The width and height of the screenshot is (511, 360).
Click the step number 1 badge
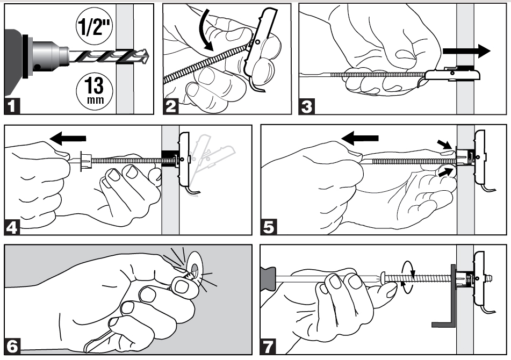pyautogui.click(x=12, y=106)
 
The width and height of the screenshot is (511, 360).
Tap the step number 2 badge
pyautogui.click(x=171, y=106)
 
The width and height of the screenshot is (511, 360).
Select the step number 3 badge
pyautogui.click(x=307, y=106)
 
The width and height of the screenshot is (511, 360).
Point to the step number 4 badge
pyautogui.click(x=12, y=227)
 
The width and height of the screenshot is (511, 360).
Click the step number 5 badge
pyautogui.click(x=269, y=227)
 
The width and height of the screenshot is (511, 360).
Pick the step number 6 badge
pyautogui.click(x=12, y=347)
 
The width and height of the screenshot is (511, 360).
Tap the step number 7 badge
pyautogui.click(x=268, y=347)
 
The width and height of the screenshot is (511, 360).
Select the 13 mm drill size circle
pyautogui.click(x=95, y=89)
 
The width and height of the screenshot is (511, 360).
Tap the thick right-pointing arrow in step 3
pyautogui.click(x=466, y=51)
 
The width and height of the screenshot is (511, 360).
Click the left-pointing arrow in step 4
pyautogui.click(x=68, y=138)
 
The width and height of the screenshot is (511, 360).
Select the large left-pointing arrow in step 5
pyautogui.click(x=360, y=138)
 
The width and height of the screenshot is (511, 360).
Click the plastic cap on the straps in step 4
pyautogui.click(x=84, y=160)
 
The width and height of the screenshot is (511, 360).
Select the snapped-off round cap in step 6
pyautogui.click(x=195, y=267)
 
